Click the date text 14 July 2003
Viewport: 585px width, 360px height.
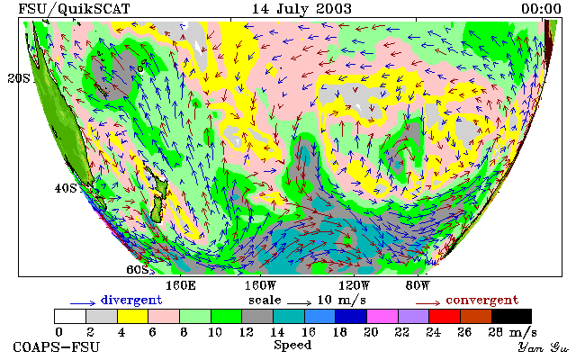[x=301, y=9]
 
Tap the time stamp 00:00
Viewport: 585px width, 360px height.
[x=541, y=9]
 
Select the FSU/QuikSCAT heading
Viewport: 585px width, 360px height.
[x=74, y=9]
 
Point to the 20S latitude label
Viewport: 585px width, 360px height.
[x=19, y=78]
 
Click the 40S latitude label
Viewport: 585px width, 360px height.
[x=66, y=188]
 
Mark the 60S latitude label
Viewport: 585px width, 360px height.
[x=138, y=269]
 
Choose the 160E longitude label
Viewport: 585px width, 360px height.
[x=181, y=286]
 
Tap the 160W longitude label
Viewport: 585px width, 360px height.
[x=260, y=286]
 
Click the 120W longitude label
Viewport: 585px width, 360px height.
[x=354, y=286]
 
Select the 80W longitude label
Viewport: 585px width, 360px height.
[x=418, y=286]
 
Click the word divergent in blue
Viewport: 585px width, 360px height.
[x=131, y=301]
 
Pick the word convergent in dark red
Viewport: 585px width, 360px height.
[x=482, y=301]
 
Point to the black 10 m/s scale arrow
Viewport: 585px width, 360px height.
[x=299, y=302]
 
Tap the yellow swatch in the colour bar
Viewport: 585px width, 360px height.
[x=133, y=316]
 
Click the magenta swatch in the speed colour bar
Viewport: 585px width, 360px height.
[x=382, y=316]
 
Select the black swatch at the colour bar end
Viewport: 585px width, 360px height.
[x=511, y=316]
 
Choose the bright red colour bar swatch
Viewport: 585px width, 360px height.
[x=445, y=316]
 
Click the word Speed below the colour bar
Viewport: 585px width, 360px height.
[x=292, y=345]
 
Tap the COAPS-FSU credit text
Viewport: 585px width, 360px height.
[x=57, y=347]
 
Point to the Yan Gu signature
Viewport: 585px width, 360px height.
[x=544, y=347]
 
